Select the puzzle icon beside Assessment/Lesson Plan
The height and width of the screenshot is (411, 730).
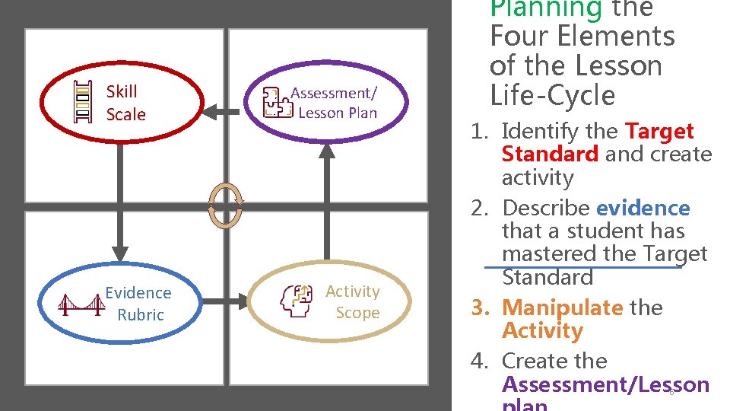[x=276, y=103]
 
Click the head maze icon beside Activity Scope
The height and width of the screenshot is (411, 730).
[x=297, y=301]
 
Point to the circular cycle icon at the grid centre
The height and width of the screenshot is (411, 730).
[x=227, y=204]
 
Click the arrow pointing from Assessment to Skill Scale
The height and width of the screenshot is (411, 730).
[x=221, y=112]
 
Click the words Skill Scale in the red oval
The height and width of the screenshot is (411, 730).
[x=125, y=103]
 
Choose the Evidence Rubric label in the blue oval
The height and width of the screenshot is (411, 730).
[x=138, y=304]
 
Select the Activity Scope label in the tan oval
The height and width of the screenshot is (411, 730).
[x=354, y=302]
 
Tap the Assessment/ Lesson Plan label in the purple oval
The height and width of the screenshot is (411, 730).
[x=335, y=103]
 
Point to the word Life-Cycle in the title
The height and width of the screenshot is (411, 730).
[x=552, y=96]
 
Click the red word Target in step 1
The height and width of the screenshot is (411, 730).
[x=659, y=132]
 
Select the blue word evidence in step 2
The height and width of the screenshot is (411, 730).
[x=643, y=208]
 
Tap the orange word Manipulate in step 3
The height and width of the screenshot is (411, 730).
[x=562, y=307]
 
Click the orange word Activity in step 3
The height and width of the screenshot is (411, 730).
[x=542, y=330]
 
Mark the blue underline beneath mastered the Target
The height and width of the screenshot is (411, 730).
[x=582, y=267]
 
